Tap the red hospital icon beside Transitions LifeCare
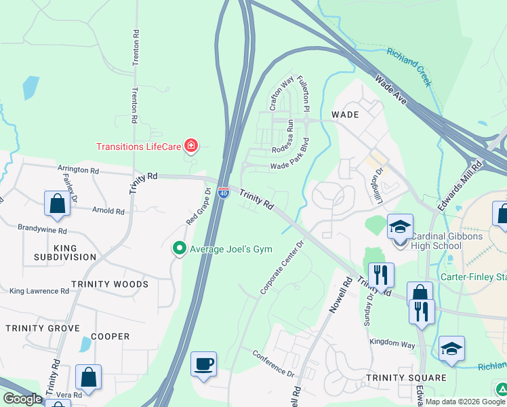coord(192,146)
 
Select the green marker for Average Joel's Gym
coord(180,249)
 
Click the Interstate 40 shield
coord(223,194)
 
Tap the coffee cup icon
coord(203,364)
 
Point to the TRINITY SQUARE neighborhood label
coord(406,377)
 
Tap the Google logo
coord(22,399)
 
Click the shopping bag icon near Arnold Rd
coord(57,203)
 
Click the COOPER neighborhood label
coord(110,336)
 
